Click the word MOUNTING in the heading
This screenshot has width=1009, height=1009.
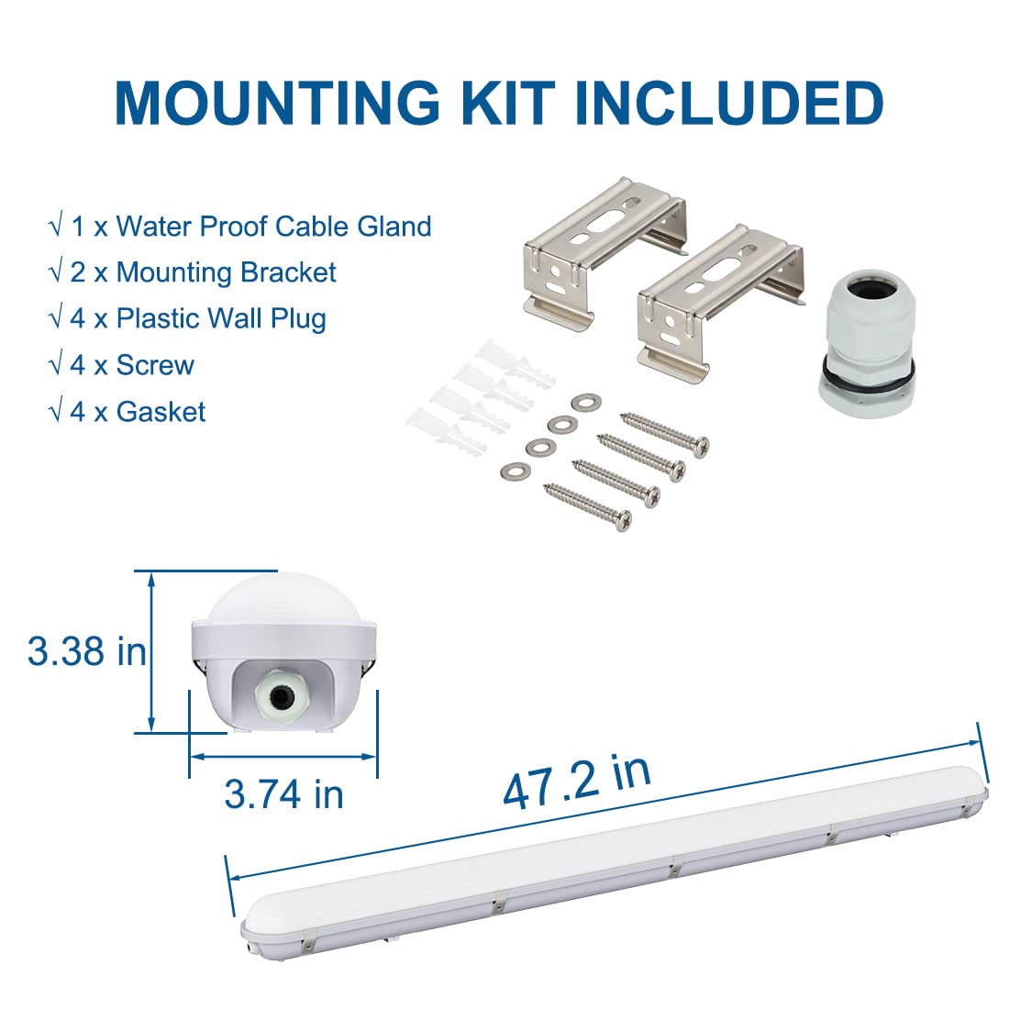tap(277, 104)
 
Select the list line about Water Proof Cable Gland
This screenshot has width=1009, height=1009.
tap(240, 227)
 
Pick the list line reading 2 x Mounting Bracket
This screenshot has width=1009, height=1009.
tap(193, 272)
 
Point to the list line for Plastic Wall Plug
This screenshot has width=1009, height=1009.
tap(188, 319)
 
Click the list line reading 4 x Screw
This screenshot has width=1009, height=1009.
tap(122, 365)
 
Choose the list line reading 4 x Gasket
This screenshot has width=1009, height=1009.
tap(128, 412)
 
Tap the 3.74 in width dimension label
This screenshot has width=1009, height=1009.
tap(283, 794)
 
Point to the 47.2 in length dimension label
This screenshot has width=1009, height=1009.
tap(577, 782)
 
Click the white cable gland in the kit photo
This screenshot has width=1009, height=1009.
tap(866, 344)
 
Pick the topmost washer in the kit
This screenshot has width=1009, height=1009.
tap(586, 403)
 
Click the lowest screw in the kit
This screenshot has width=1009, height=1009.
tap(587, 507)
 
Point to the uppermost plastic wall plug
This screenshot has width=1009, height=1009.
tap(515, 363)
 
